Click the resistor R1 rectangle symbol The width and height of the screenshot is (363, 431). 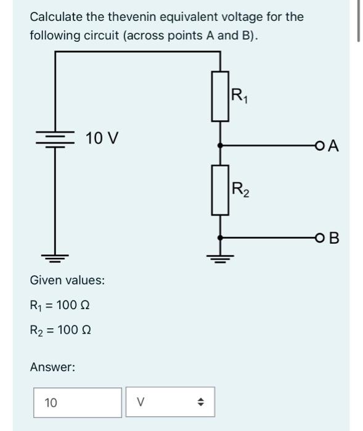click(x=220, y=95)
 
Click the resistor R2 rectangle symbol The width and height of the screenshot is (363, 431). click(x=220, y=190)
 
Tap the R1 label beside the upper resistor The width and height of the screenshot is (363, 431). click(x=238, y=95)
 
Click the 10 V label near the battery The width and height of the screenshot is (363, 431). click(x=102, y=138)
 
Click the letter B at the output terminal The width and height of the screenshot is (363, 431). click(x=333, y=238)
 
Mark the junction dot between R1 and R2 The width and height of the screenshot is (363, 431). click(x=220, y=146)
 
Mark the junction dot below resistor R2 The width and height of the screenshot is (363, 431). click(x=220, y=238)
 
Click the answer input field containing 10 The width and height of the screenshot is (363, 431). click(x=78, y=403)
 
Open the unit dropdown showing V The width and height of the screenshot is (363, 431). click(x=170, y=403)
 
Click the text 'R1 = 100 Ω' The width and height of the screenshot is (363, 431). click(x=61, y=305)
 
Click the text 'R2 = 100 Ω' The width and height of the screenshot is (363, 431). click(x=61, y=329)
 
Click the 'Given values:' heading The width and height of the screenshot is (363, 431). click(x=67, y=280)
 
